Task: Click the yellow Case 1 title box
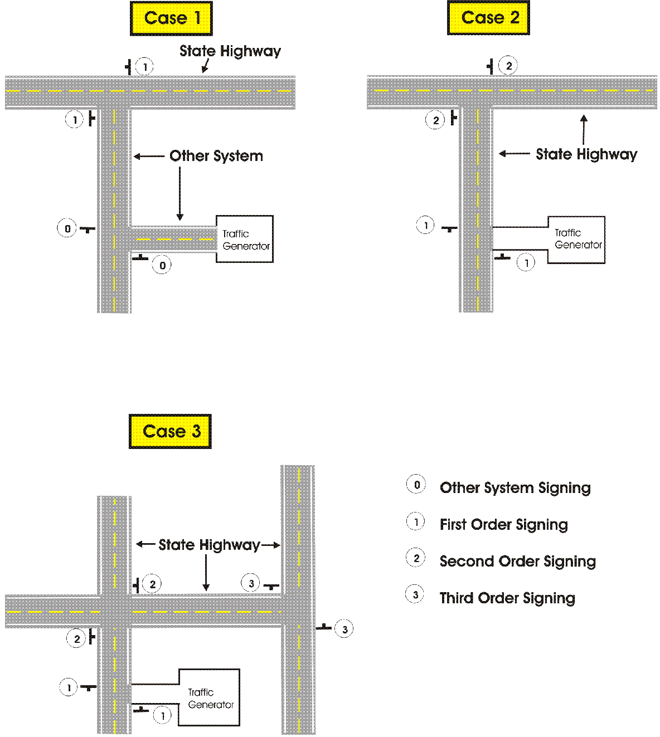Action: point(171,18)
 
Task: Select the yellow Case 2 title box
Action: point(488,18)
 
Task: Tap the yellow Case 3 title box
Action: point(170,431)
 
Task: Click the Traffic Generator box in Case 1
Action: point(245,239)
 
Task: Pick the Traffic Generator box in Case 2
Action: point(576,240)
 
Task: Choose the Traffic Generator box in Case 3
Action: point(210,697)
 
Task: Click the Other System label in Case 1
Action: point(216,156)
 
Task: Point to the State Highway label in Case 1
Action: point(230,51)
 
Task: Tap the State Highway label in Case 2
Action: point(586,154)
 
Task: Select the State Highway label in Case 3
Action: point(210,545)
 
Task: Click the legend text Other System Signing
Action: point(515,488)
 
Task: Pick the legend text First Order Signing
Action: point(504,525)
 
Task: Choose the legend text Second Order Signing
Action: point(518,562)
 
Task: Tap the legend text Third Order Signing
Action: point(507,598)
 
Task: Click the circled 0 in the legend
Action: point(416,484)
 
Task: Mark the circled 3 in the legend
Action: point(415,594)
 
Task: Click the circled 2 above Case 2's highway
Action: point(508,66)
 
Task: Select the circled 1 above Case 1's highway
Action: point(144,67)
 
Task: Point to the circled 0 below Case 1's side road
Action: point(162,265)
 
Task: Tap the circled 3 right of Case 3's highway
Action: point(344,629)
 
